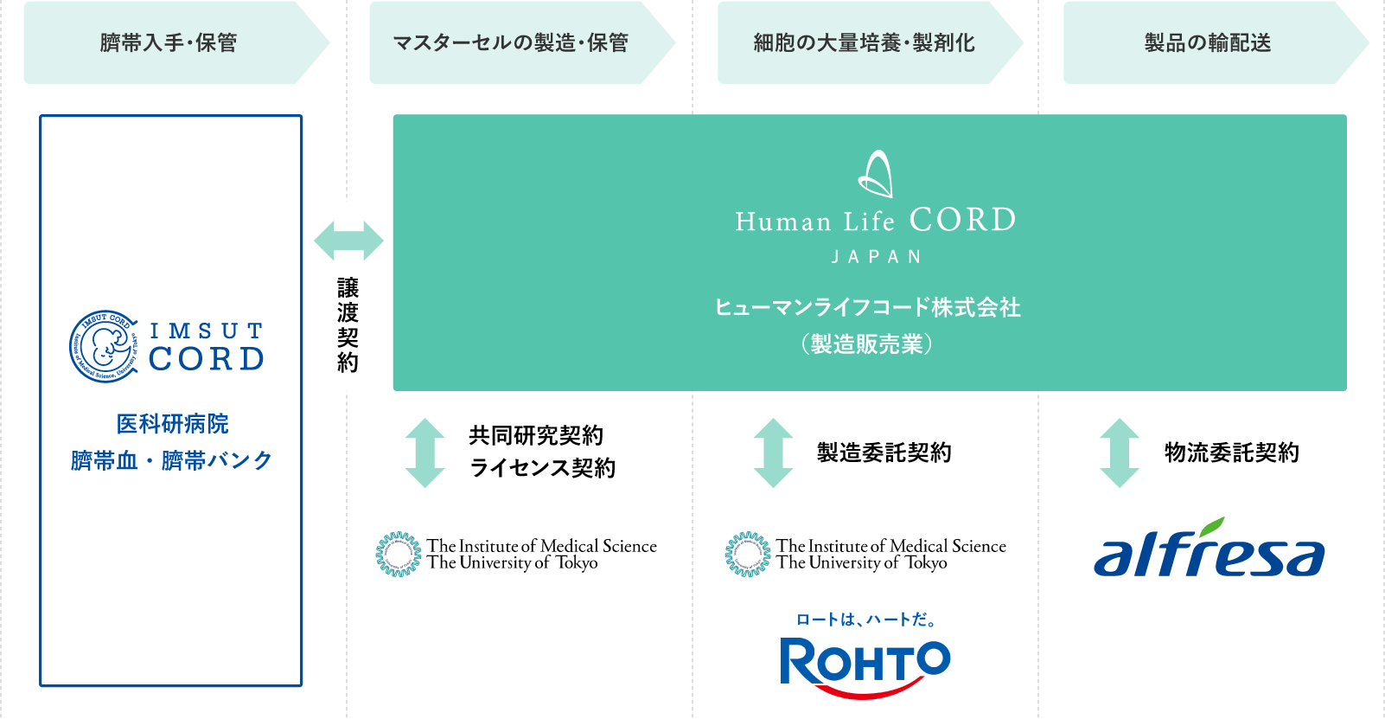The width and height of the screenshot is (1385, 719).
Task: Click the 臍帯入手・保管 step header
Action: coord(169,42)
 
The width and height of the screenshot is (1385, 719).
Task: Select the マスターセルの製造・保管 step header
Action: coord(511,42)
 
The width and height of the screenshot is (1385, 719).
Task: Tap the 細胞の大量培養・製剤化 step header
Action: coord(864,42)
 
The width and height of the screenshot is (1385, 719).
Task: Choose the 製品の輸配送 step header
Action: coord(1208,42)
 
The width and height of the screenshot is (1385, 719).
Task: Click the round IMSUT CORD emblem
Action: coord(103,346)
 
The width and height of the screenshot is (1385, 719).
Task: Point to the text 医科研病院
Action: coord(172,424)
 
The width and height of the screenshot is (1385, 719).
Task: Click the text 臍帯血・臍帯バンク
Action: coord(171,460)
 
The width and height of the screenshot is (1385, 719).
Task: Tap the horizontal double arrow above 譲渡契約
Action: coord(348,241)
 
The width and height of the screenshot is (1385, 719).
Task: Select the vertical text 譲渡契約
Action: coord(348,324)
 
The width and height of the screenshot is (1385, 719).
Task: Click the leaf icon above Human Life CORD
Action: coord(876,174)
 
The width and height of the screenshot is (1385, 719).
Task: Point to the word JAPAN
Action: coord(876,257)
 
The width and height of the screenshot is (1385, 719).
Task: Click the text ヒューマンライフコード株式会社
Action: coord(868,307)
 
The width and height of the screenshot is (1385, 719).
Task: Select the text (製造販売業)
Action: coord(868,344)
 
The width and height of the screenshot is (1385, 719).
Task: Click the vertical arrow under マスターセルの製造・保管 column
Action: coord(425,453)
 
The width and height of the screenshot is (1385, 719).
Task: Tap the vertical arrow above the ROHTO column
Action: coord(773,453)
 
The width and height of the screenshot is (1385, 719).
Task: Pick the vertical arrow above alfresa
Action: coord(1120,453)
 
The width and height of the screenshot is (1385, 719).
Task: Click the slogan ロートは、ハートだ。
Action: coord(865,619)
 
